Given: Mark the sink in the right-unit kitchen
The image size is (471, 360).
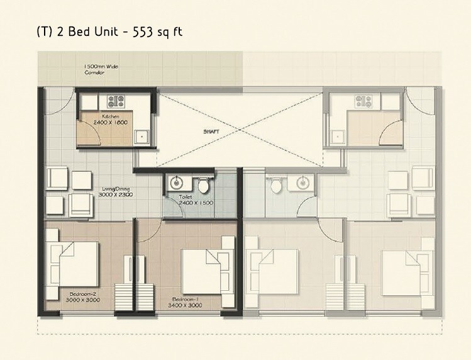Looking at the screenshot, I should (338, 134).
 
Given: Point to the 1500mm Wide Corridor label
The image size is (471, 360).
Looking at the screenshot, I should (101, 69).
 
